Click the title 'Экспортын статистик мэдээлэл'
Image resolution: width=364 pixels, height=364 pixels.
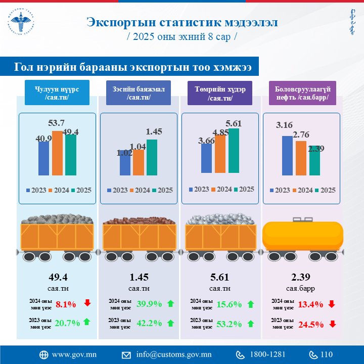pyautogui.click(x=182, y=23)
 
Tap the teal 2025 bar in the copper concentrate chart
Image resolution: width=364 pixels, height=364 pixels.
pyautogui.click(x=152, y=156)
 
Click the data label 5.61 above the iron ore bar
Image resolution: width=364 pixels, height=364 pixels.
pyautogui.click(x=233, y=123)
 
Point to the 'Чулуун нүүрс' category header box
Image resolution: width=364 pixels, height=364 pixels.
pyautogui.click(x=57, y=93)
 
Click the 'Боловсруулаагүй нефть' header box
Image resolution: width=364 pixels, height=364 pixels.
pyautogui.click(x=301, y=93)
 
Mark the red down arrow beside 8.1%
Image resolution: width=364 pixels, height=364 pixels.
pyautogui.click(x=87, y=303)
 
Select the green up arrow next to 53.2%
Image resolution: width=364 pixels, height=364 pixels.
pyautogui.click(x=250, y=323)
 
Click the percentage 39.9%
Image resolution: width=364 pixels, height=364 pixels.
pyautogui.click(x=149, y=304)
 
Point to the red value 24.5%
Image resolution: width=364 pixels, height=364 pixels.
pyautogui.click(x=311, y=324)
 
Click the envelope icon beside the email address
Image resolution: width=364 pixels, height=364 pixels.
pyautogui.click(x=126, y=354)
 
